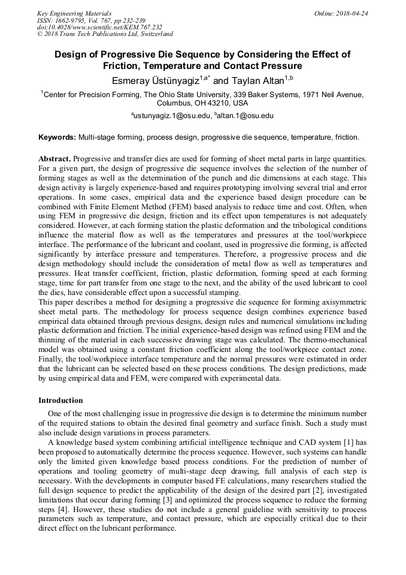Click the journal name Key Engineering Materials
pyautogui.click(x=74, y=13)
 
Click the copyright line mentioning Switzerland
pyautogui.click(x=105, y=35)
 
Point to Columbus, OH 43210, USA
pyautogui.click(x=202, y=103)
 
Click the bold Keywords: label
pyautogui.click(x=57, y=137)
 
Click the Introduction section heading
pyautogui.click(x=60, y=400)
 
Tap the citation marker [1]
pyautogui.click(x=346, y=442)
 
